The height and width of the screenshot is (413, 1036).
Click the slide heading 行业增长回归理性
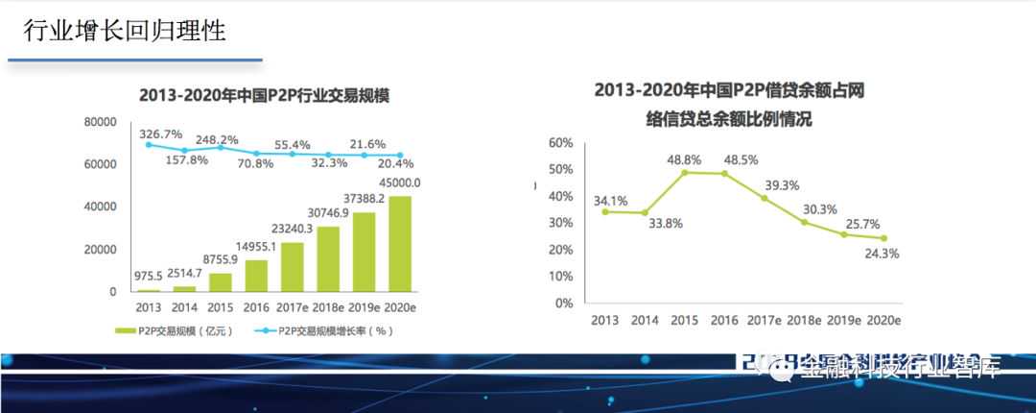pos(125,31)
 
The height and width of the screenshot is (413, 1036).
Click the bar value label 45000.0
pos(400,182)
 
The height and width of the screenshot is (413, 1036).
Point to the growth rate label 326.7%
pos(160,133)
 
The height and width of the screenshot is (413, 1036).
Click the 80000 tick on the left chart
pos(101,122)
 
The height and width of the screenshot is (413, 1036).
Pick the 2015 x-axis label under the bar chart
pos(221,308)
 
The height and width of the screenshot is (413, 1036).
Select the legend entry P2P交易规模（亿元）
pos(171,330)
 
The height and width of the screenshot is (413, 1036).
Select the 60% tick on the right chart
pos(560,143)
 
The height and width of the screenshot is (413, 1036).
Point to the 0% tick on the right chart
pos(564,304)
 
